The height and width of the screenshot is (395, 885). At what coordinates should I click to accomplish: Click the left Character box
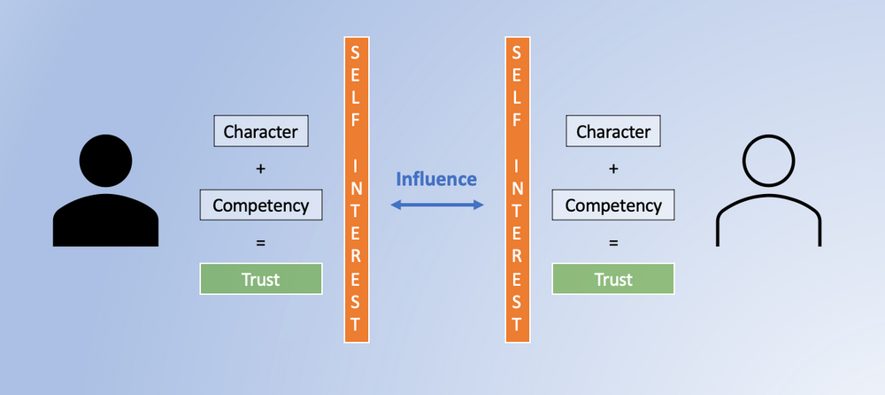point(260,132)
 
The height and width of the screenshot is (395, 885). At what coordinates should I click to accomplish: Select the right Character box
point(613,132)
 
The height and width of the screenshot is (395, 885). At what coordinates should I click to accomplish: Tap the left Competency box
point(260,205)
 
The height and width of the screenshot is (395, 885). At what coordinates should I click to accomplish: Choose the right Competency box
point(613,205)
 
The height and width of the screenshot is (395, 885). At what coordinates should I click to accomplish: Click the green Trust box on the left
point(260,279)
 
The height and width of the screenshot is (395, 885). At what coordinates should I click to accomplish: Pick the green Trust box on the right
point(613,279)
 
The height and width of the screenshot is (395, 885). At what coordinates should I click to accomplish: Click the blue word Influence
point(435,179)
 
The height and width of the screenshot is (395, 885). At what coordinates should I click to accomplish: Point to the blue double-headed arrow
point(437,205)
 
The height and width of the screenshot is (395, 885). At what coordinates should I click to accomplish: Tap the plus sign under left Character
point(260,168)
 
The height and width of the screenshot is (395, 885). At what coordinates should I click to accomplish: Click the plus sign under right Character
point(613,168)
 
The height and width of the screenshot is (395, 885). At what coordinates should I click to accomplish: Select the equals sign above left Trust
point(260,242)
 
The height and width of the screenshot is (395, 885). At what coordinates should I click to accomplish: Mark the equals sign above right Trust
point(613,242)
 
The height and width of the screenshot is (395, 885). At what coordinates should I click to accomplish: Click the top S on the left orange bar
point(356,54)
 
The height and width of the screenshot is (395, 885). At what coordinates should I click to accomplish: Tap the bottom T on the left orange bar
point(356,321)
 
